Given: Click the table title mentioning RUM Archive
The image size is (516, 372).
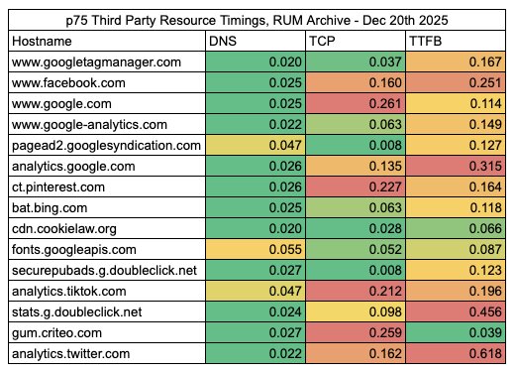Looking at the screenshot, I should pos(258,19).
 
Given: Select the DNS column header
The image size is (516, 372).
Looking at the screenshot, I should pos(222,41).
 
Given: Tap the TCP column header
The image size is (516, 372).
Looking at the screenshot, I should pos(321,41).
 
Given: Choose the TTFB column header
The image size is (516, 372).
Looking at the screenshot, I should pos(426,41).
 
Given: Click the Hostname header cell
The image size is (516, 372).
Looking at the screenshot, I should pos(45,41).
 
